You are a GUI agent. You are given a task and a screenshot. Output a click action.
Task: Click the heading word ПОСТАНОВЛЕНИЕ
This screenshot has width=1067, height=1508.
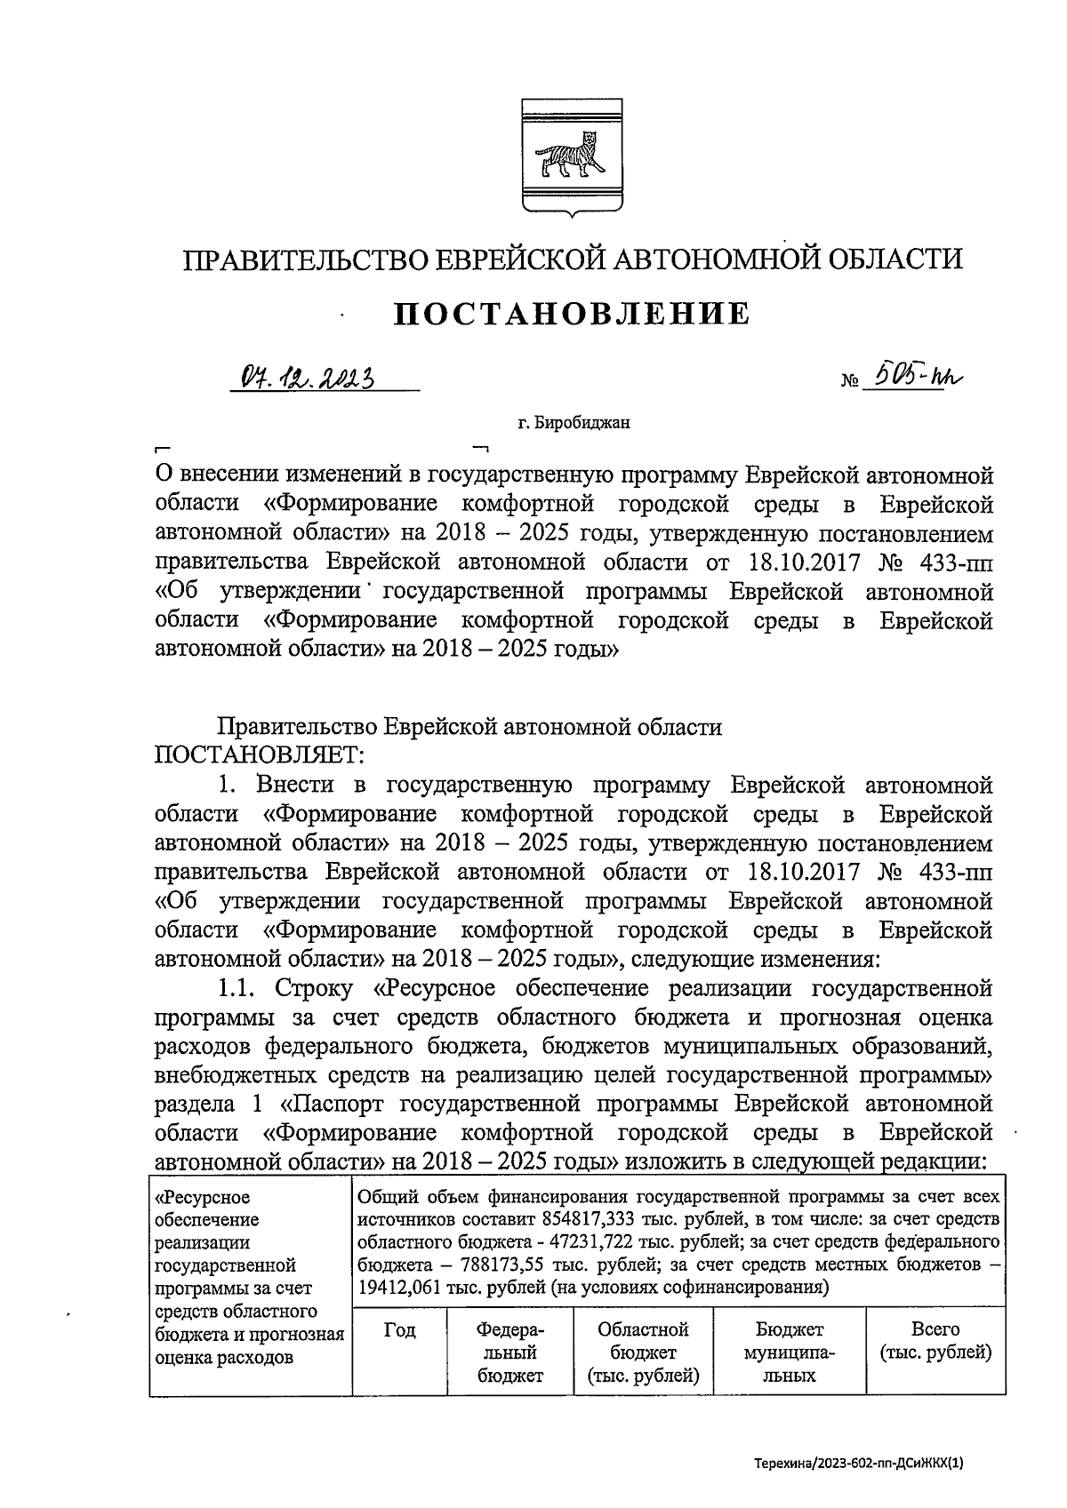click(x=572, y=313)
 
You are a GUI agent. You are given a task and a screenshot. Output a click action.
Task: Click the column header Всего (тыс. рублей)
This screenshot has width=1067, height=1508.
click(x=935, y=1342)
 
